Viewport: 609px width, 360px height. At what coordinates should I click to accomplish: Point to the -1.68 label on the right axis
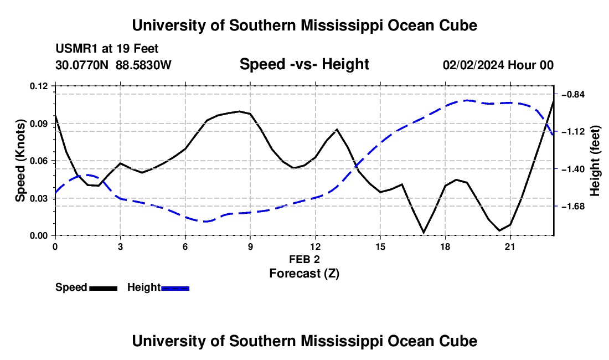573,206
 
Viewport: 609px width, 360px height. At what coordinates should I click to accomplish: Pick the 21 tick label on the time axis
510,246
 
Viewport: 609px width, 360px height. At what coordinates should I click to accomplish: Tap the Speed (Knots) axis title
20,161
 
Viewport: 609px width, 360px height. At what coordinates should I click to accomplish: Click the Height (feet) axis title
595,161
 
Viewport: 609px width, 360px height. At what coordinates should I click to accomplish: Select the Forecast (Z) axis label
304,274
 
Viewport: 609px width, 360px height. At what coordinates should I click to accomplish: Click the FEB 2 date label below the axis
304,259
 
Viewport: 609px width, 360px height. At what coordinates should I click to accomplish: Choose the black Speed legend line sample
104,289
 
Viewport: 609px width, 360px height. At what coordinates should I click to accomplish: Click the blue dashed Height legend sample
175,289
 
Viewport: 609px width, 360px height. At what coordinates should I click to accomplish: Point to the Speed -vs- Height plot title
304,64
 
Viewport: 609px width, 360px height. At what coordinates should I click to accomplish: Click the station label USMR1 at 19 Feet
107,49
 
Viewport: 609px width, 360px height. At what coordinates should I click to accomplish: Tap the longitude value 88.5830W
143,65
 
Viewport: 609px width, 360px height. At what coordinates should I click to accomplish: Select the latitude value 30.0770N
82,65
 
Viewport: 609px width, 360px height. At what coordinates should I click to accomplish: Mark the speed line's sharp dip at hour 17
424,233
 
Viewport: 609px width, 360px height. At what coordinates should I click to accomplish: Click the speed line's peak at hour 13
337,129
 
